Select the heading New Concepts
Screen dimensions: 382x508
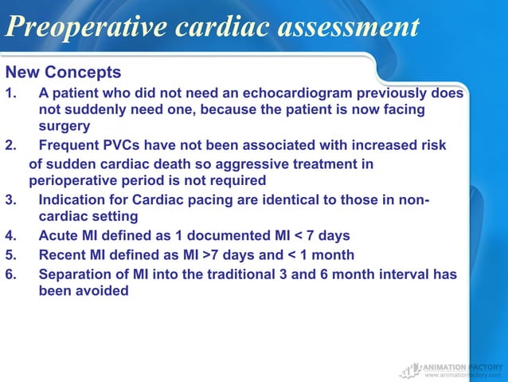(x=63, y=73)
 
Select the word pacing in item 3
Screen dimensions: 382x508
(x=218, y=199)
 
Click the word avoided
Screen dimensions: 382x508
(x=102, y=291)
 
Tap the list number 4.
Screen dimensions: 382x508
(x=10, y=235)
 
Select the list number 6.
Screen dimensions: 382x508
(x=10, y=274)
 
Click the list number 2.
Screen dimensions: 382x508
(x=10, y=145)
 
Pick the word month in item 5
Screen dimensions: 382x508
(x=332, y=254)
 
